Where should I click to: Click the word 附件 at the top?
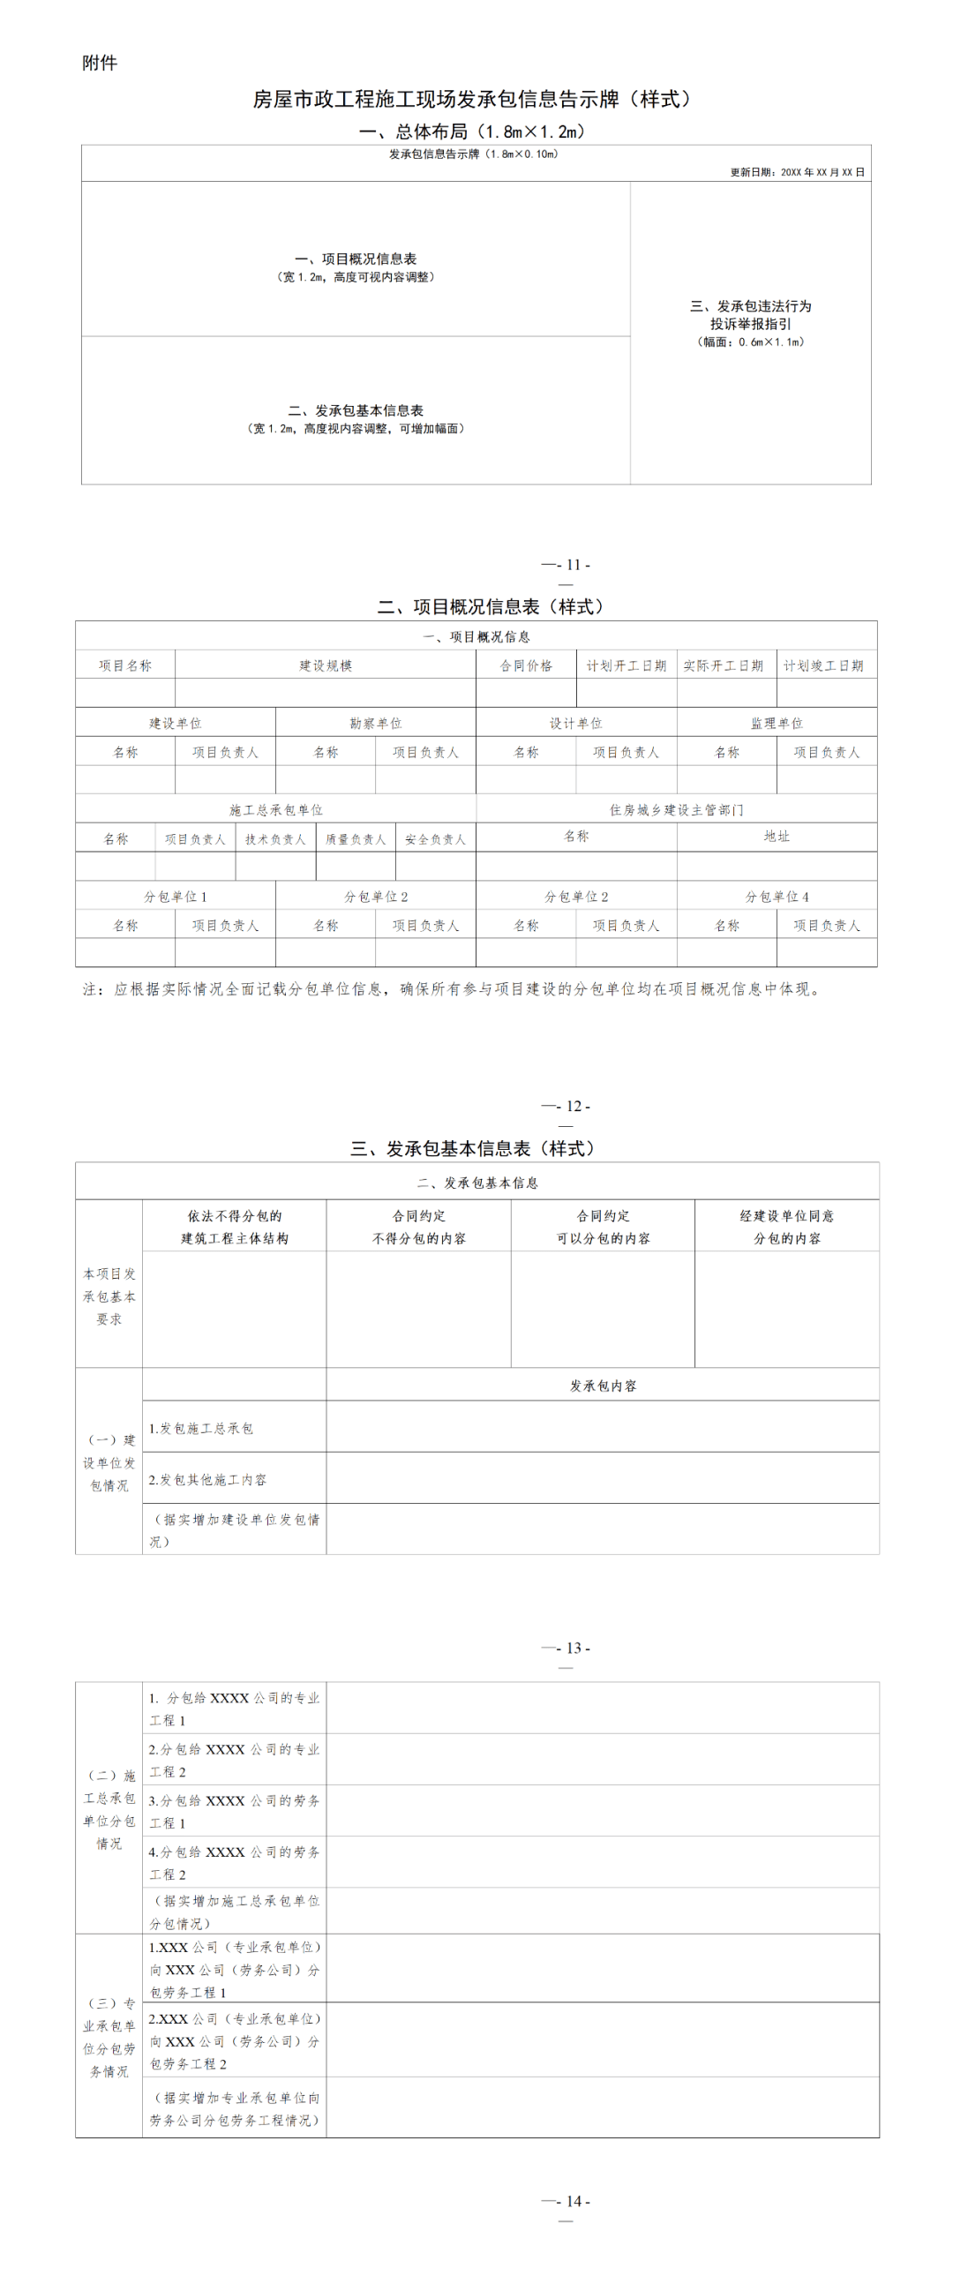(x=99, y=63)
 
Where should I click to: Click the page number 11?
(x=574, y=566)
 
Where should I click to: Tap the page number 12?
(x=574, y=1106)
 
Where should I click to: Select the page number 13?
(x=574, y=1648)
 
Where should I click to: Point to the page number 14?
(x=574, y=2201)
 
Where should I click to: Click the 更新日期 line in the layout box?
(x=797, y=172)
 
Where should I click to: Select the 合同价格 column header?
(x=526, y=665)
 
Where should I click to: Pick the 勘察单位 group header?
(x=375, y=723)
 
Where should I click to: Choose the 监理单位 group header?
(x=777, y=723)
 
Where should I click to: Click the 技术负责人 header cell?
(x=274, y=839)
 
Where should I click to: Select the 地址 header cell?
(x=777, y=836)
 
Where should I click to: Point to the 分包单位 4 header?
(x=777, y=897)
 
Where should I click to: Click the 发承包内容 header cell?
(x=603, y=1386)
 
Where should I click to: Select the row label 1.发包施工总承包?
(x=200, y=1428)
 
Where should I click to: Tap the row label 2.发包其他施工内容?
(x=206, y=1479)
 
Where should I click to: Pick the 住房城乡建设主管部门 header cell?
(x=676, y=809)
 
